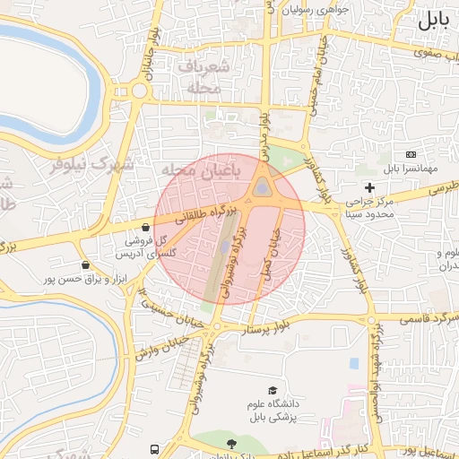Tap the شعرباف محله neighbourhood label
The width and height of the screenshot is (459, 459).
click(x=204, y=77)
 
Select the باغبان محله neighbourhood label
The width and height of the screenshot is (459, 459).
click(x=194, y=170)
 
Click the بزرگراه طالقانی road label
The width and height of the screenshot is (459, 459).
click(x=203, y=214)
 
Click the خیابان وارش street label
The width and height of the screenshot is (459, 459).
click(x=162, y=346)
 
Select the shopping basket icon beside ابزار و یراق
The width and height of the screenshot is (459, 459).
click(x=85, y=265)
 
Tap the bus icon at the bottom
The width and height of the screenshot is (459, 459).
click(x=156, y=448)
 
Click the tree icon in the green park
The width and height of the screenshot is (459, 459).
click(x=231, y=444)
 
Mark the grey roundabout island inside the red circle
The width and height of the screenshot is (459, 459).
click(x=262, y=187)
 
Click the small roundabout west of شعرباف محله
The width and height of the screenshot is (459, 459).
click(x=138, y=91)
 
